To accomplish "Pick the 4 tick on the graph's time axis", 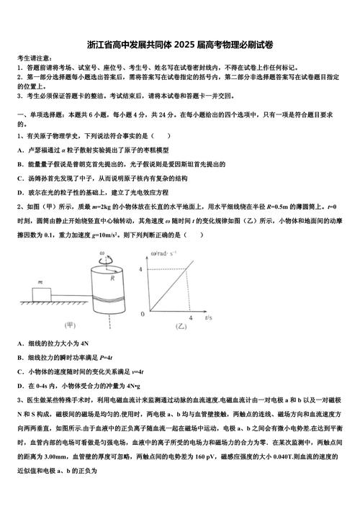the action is point(190,317).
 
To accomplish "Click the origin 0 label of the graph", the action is point(143,314).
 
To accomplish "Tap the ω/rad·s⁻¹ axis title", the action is point(165,253).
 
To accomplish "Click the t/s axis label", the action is point(208,317).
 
